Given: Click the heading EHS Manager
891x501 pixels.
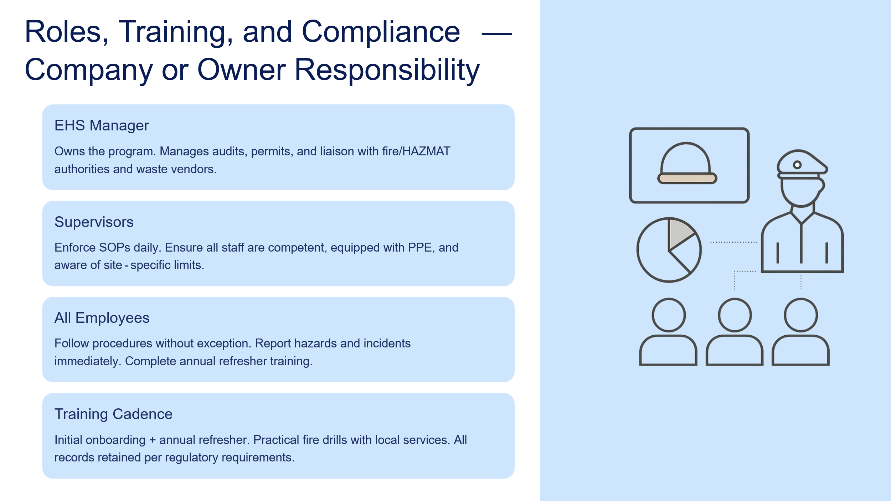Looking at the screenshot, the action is point(102,125).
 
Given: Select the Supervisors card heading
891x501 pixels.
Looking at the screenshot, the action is point(94,222).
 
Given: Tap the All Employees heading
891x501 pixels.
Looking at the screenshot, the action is point(102,318).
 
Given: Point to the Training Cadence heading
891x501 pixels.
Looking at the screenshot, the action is point(113,414).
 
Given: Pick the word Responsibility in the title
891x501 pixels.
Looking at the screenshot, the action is point(387,71).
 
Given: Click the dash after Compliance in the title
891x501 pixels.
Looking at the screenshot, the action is point(497,34).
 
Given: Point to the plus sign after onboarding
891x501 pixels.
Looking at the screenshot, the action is point(153,440).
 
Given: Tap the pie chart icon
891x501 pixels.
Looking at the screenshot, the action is point(669,250).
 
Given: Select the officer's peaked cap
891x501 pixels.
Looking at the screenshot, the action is point(802,164).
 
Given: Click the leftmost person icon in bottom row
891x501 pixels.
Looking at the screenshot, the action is point(668,332).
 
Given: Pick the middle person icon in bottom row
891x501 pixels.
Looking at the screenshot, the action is point(735,332).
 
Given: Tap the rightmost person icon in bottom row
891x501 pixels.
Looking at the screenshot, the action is point(801,332).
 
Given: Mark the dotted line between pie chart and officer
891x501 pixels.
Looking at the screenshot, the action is point(734,242).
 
